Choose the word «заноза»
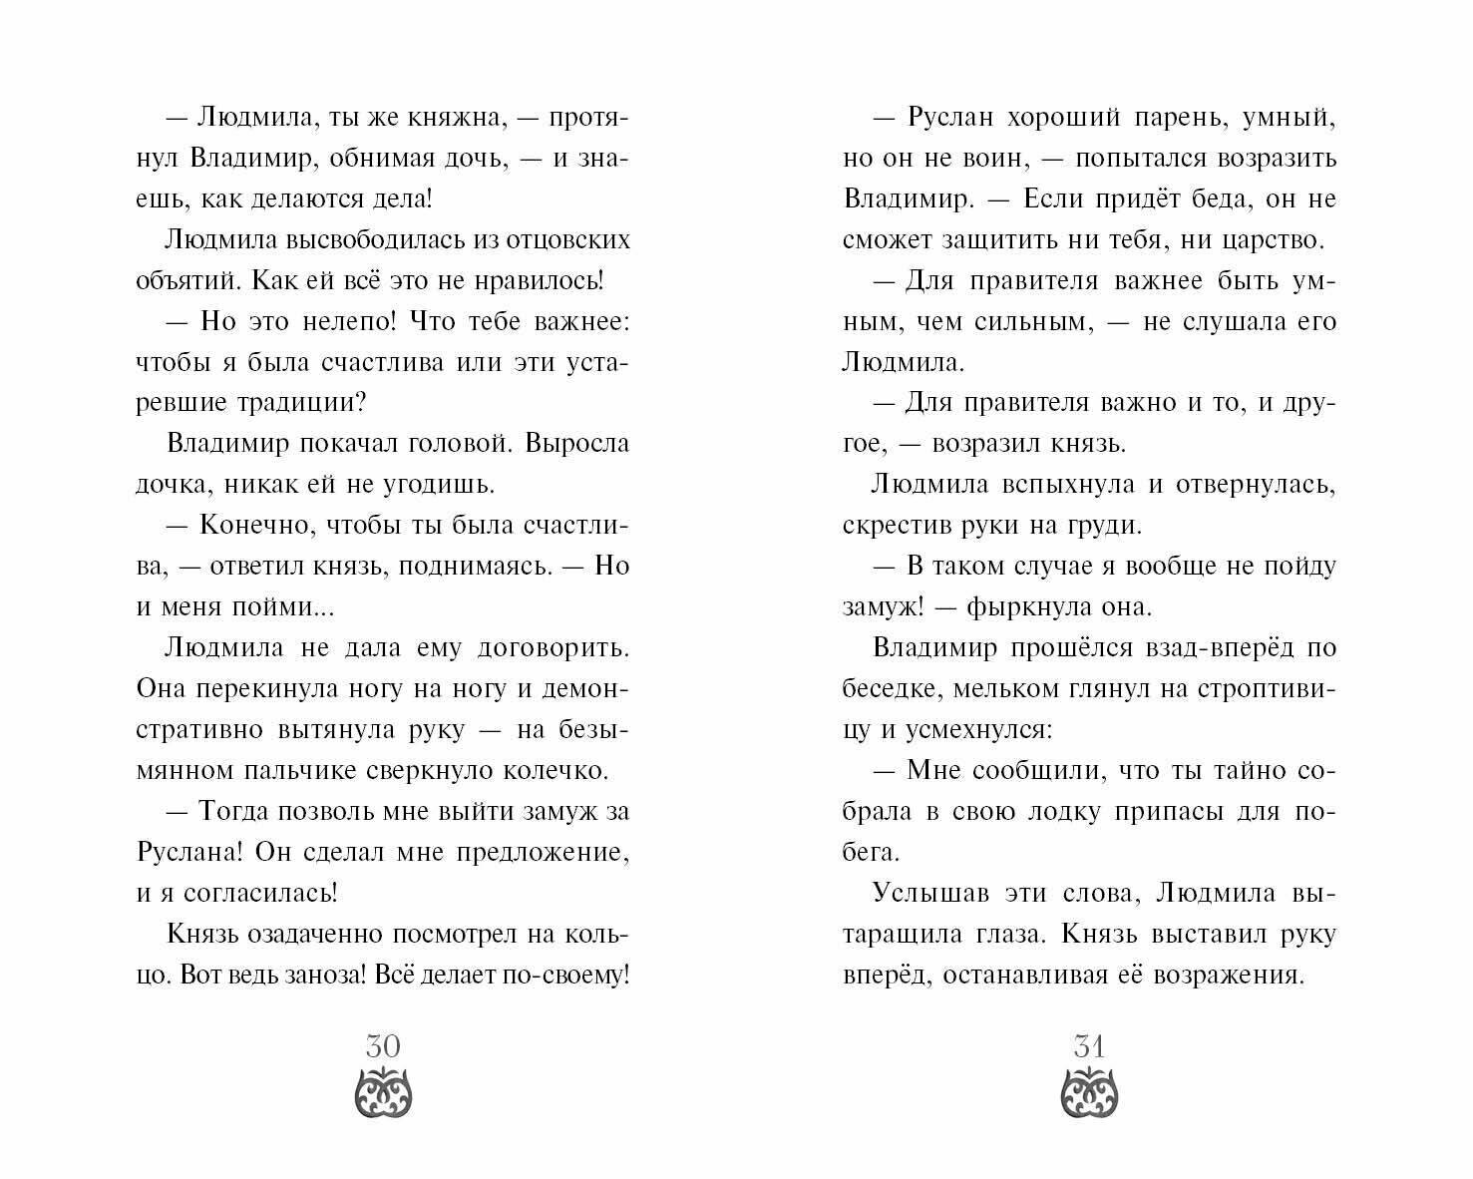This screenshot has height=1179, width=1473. [x=321, y=975]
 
